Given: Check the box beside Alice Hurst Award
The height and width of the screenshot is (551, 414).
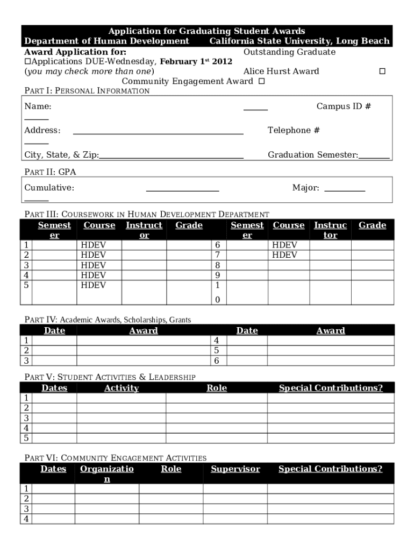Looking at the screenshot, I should point(382,71).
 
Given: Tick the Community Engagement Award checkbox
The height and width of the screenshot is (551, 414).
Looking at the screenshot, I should point(261,81).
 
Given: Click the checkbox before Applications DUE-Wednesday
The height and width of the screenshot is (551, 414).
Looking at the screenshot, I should point(27,62).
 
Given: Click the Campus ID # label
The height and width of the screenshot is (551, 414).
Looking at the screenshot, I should point(343,107).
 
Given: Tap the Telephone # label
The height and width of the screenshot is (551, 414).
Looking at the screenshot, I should point(294,130).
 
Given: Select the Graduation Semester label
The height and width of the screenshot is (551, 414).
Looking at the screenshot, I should point(312,155).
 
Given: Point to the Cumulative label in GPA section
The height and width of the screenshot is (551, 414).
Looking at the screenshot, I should point(49,188).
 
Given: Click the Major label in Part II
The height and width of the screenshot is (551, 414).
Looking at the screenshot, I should point(305,188).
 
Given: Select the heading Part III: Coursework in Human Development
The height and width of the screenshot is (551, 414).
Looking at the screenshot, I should point(147,214).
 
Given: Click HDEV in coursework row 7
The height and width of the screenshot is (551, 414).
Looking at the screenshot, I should point(284,255).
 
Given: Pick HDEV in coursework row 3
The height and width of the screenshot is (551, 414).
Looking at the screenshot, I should point(93,265).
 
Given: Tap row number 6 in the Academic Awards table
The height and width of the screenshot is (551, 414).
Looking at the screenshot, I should point(216,361).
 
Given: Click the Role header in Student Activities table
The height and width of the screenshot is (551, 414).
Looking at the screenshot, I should point(216,388).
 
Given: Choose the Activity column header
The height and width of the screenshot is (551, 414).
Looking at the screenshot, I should point(121,388).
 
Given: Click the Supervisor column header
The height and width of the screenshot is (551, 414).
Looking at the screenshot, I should point(235,469).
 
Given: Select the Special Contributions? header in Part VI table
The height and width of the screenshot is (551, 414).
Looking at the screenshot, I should point(330,469).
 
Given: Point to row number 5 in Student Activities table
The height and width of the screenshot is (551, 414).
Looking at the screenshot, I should point(26,438).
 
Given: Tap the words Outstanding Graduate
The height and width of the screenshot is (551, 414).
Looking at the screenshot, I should point(289,52).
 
